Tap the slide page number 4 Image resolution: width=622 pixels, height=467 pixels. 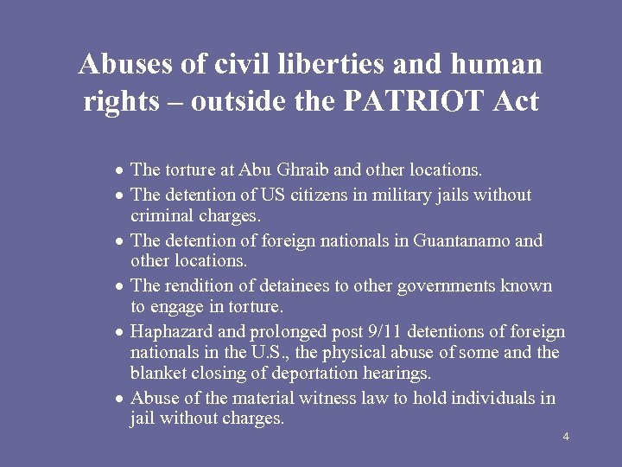click(x=565, y=436)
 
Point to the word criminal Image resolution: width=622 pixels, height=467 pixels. click(x=162, y=214)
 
